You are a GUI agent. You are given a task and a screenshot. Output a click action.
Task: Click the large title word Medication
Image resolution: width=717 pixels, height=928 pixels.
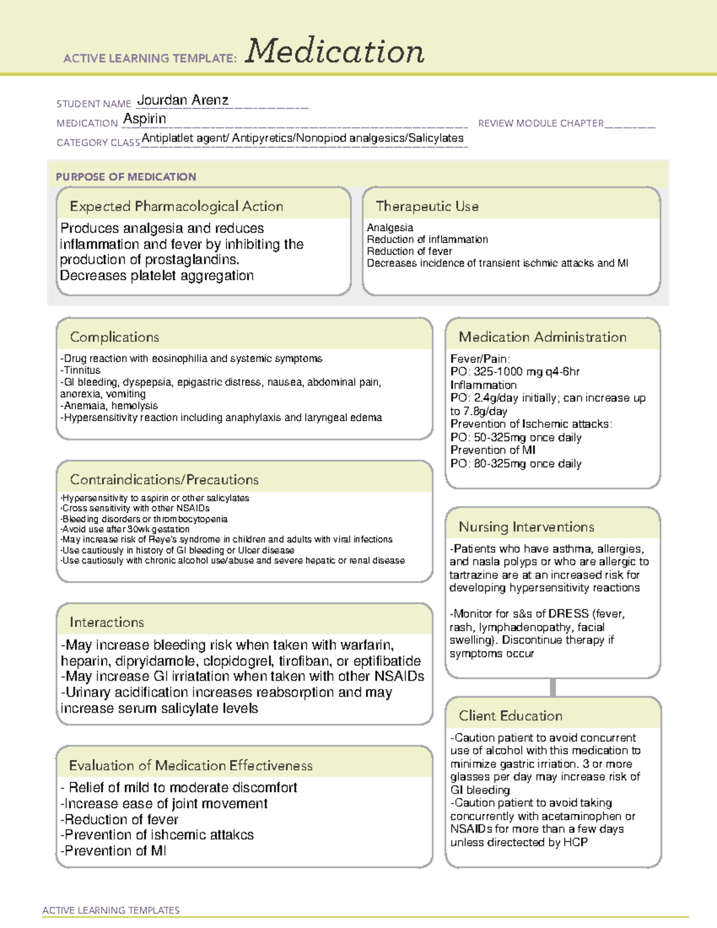tap(335, 51)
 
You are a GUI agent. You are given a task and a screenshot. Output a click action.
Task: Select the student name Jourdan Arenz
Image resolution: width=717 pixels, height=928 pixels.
tap(183, 100)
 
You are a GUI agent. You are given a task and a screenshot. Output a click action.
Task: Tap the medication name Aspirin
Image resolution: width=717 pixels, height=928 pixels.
tap(145, 119)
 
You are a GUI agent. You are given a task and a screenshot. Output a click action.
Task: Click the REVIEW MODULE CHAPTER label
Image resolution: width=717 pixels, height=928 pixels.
tap(541, 123)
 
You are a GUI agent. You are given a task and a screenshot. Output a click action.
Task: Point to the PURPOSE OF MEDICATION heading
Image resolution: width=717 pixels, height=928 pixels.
tap(125, 177)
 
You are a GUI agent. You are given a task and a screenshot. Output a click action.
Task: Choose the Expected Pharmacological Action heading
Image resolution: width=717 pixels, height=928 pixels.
tap(176, 206)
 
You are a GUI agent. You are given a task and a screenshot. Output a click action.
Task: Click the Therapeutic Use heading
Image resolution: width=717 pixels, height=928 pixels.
tap(427, 206)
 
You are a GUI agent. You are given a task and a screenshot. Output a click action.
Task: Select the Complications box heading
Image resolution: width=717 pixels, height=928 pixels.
tap(114, 337)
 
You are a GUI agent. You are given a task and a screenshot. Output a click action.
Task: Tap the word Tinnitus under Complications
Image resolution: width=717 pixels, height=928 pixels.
tap(82, 370)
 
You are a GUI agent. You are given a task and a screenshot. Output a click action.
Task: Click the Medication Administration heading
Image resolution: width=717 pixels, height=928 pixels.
tap(543, 337)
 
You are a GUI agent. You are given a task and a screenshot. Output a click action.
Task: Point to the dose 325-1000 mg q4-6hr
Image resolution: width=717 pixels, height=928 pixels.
tap(526, 372)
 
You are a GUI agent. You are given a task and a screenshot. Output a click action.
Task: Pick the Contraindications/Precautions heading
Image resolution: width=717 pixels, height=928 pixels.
tap(164, 479)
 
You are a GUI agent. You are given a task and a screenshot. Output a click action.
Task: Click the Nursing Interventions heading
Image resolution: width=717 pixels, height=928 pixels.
tap(526, 526)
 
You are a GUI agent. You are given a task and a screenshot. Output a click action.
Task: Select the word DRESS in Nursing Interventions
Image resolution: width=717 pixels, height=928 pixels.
tap(568, 614)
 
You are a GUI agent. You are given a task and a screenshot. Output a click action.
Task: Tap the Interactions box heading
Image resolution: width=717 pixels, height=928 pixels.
tap(106, 622)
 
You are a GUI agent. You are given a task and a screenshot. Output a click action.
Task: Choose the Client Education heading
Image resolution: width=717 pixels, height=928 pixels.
tap(510, 715)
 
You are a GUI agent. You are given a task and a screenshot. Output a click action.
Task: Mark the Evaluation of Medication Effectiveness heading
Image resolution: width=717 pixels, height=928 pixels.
tap(191, 765)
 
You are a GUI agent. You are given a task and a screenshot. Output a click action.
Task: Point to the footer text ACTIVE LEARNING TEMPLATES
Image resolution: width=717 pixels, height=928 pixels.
tap(111, 910)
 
